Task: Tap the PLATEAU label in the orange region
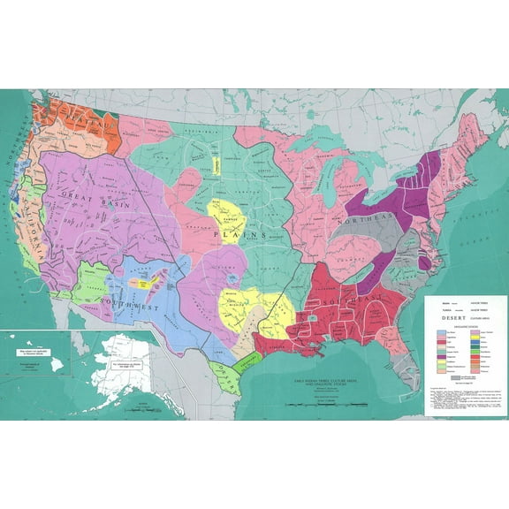[75, 114]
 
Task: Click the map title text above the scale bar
[320, 381]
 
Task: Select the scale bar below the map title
[320, 404]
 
